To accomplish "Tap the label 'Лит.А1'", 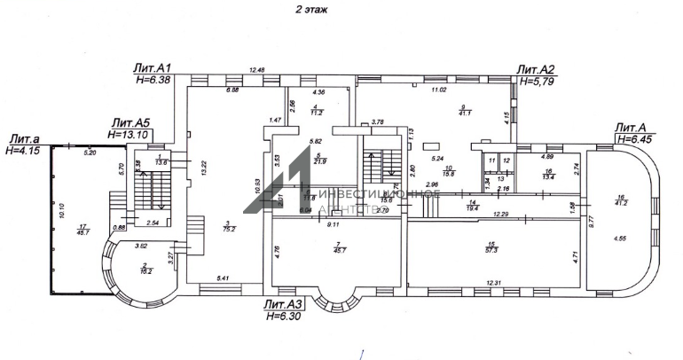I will coord(153,68).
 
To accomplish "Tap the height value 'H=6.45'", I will coord(637,139).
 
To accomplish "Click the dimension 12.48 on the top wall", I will coord(257,70).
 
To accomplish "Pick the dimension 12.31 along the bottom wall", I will coord(493,283).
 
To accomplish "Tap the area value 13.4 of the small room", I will coord(549,176).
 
